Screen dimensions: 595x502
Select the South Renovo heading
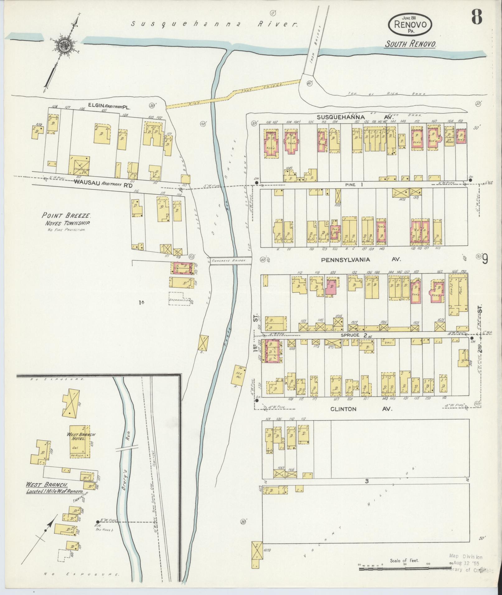click(x=410, y=44)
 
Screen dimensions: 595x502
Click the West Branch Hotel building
click(x=79, y=441)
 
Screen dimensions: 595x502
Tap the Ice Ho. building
click(x=238, y=375)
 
